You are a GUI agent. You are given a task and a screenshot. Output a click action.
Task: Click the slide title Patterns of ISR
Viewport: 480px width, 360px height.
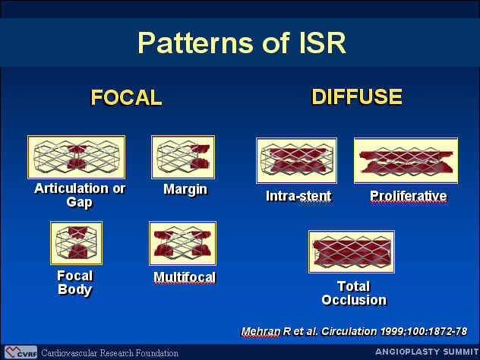pyautogui.click(x=242, y=43)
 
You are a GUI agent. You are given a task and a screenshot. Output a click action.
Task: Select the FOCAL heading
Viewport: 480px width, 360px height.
pyautogui.click(x=126, y=98)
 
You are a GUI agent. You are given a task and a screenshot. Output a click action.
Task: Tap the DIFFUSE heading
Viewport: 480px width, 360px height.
pyautogui.click(x=357, y=96)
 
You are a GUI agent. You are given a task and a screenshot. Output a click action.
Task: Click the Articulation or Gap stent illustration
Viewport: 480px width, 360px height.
pyautogui.click(x=76, y=157)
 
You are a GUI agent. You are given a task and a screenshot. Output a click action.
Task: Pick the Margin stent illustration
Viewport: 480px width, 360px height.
pyautogui.click(x=183, y=157)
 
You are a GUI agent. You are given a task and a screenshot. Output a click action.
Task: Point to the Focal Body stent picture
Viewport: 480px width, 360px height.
pyautogui.click(x=76, y=243)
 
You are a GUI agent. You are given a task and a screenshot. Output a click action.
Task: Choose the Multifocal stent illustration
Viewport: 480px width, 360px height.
pyautogui.click(x=183, y=243)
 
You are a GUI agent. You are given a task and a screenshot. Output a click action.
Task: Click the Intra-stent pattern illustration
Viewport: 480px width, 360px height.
pyautogui.click(x=297, y=161)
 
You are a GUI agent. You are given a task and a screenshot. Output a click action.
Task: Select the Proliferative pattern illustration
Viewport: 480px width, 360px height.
pyautogui.click(x=406, y=161)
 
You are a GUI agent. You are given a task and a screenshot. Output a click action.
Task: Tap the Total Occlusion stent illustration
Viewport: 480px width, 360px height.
pyautogui.click(x=352, y=252)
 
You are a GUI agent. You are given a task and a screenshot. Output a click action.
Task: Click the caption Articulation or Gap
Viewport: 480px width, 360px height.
pyautogui.click(x=80, y=196)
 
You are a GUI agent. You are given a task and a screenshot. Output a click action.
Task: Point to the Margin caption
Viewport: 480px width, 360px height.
pyautogui.click(x=185, y=190)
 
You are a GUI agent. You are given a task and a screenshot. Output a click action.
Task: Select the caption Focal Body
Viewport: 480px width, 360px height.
pyautogui.click(x=74, y=283)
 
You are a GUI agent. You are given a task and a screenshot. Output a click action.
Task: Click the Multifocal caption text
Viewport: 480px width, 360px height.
pyautogui.click(x=185, y=277)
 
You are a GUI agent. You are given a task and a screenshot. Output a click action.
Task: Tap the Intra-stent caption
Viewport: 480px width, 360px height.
pyautogui.click(x=298, y=196)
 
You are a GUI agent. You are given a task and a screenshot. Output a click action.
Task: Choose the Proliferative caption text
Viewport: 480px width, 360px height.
pyautogui.click(x=409, y=196)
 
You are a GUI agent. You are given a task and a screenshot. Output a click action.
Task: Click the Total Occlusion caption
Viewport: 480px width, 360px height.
pyautogui.click(x=354, y=293)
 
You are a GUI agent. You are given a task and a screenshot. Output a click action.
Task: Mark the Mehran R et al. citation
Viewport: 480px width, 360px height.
pyautogui.click(x=354, y=332)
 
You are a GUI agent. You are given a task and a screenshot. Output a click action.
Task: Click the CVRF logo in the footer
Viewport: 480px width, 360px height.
pyautogui.click(x=21, y=352)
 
